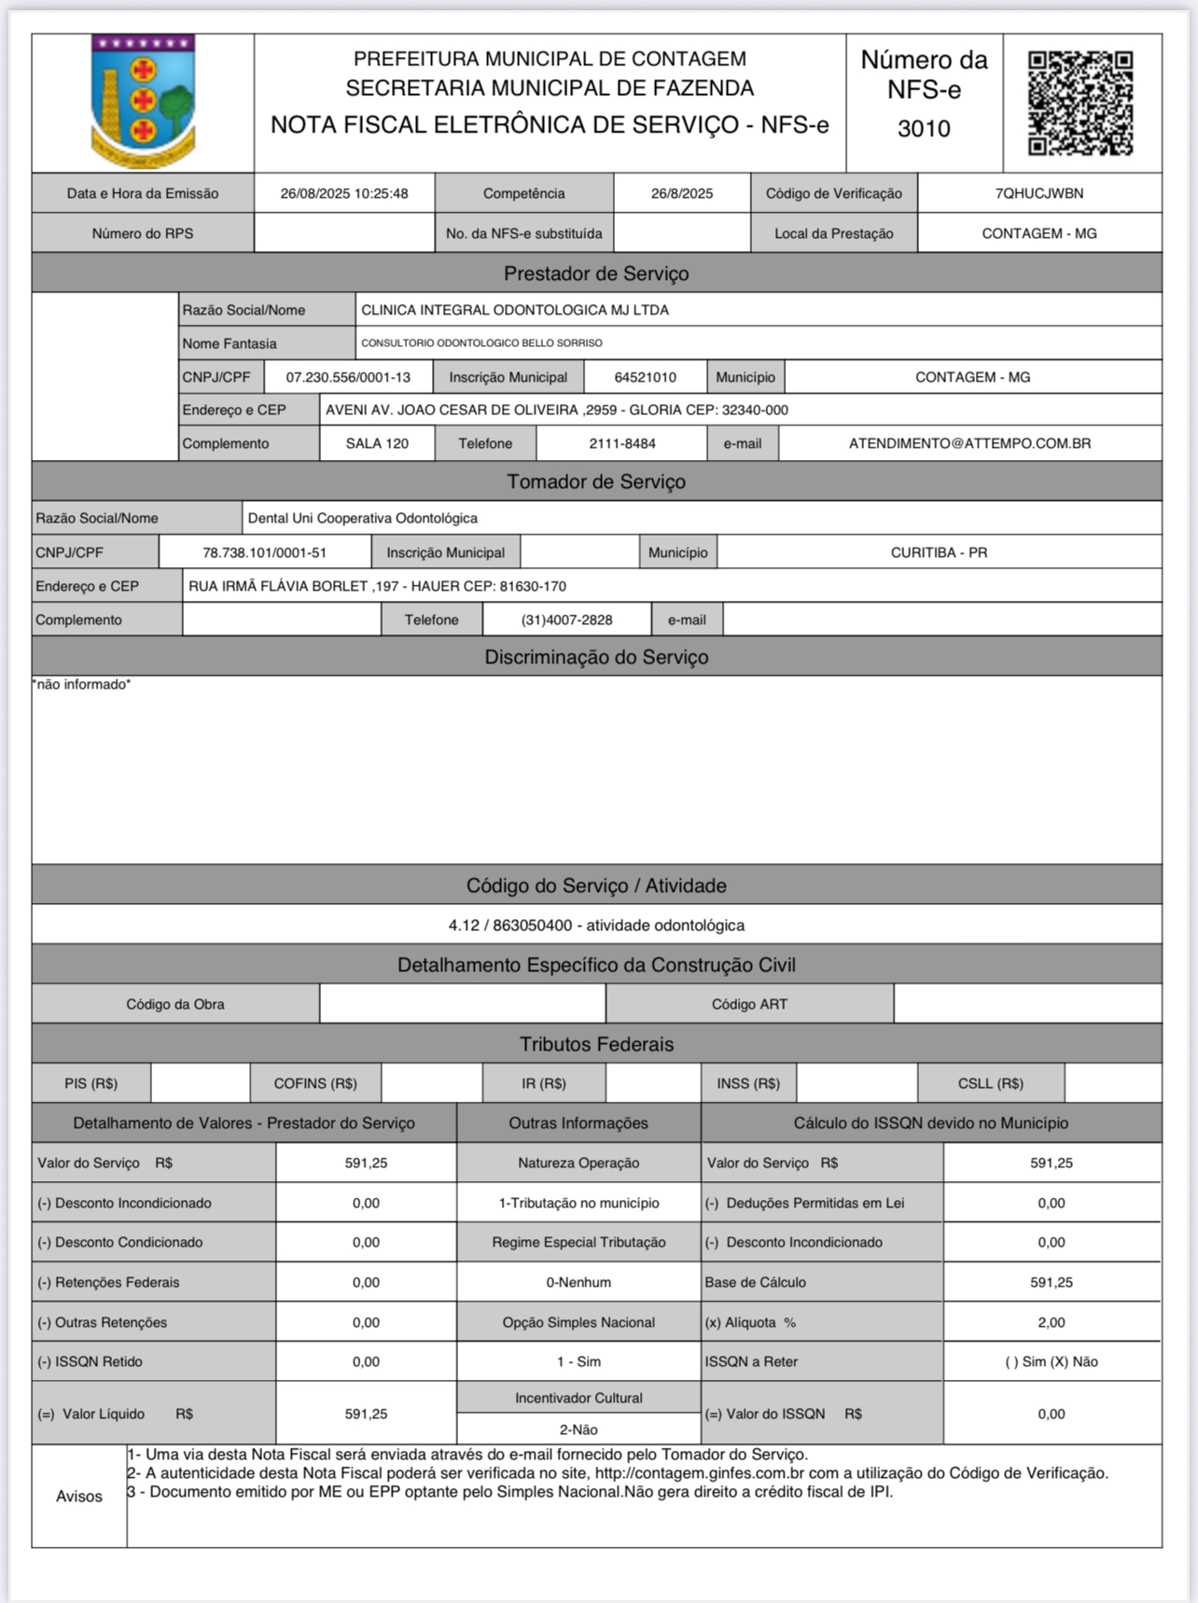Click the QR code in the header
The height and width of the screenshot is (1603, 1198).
tap(1080, 103)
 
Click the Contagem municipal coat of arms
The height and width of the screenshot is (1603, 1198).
tap(143, 101)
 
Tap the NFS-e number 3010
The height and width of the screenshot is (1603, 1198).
tap(924, 129)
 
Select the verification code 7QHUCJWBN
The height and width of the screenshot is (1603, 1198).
tap(1039, 193)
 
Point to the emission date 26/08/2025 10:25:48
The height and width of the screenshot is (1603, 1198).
tap(344, 193)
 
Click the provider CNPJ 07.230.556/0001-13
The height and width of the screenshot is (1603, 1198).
tap(348, 377)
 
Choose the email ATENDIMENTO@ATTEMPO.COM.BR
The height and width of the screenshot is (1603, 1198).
tap(969, 443)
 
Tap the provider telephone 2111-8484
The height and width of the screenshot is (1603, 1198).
tap(622, 443)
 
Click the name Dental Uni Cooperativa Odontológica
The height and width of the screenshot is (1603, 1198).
tap(363, 518)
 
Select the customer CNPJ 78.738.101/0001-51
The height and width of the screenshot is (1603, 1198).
tap(265, 552)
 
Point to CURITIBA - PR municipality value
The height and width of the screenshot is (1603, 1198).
tap(939, 552)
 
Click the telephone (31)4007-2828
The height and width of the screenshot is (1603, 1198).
tap(566, 620)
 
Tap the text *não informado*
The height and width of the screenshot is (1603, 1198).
tap(82, 684)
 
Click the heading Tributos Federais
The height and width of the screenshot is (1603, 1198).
tap(596, 1044)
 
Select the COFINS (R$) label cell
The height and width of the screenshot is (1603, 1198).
tap(315, 1083)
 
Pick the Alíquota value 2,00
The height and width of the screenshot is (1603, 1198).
tap(1052, 1322)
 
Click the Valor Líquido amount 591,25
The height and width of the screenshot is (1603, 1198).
tap(366, 1414)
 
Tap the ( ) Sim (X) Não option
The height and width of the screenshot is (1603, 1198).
tap(1052, 1361)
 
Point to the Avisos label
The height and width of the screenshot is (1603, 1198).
tap(79, 1496)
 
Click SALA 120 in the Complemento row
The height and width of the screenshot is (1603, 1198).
tap(377, 443)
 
